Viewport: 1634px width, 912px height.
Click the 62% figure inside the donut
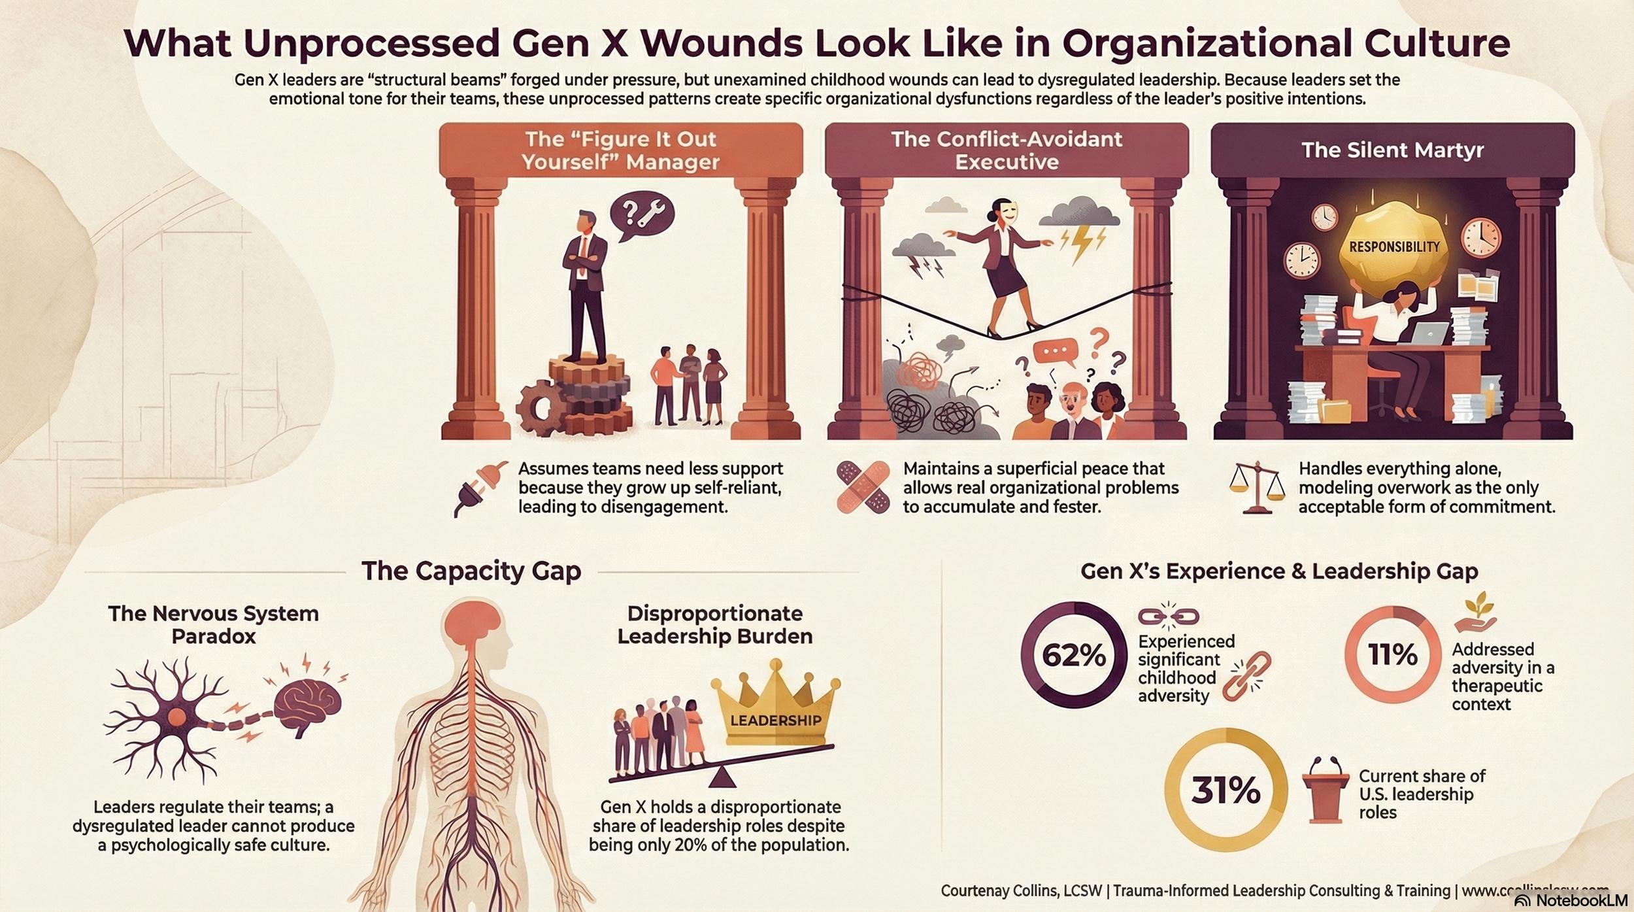pos(1074,655)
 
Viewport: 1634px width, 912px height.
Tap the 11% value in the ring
pos(1392,654)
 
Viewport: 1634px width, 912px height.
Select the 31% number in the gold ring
pos(1225,790)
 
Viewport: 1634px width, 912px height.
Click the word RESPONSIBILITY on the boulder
pos(1394,246)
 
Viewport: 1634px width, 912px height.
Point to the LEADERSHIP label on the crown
pos(775,720)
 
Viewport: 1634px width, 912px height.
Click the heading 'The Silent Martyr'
pos(1392,150)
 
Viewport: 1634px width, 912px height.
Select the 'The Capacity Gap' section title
pos(471,571)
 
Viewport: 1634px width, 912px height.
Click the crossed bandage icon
pos(863,487)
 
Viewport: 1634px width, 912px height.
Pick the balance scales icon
pos(1257,488)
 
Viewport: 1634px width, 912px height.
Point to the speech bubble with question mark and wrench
pos(641,214)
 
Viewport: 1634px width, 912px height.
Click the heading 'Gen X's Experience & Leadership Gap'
pos(1279,571)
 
